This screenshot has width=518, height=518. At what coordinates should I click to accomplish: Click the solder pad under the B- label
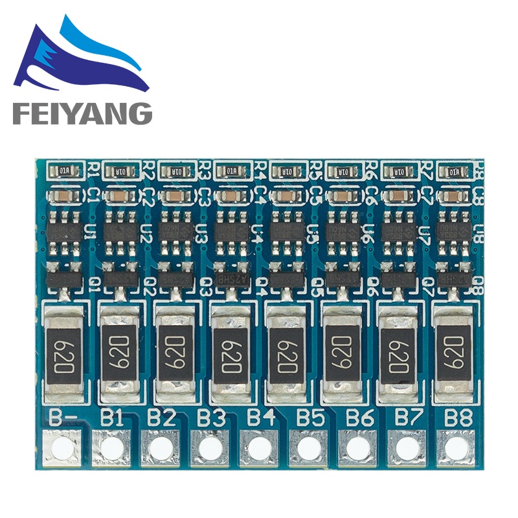62,447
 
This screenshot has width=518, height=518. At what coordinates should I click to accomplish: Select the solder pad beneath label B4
260,447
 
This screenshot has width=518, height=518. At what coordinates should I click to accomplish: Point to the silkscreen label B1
111,418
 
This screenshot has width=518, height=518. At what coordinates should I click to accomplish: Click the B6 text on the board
359,418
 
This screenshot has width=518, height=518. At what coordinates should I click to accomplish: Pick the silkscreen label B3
211,418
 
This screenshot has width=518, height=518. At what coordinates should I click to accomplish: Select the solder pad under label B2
159,447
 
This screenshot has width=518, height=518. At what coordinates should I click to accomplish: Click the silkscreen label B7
408,418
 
